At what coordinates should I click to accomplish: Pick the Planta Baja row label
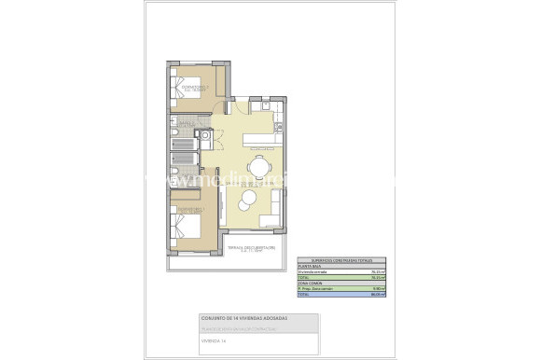point(309,266)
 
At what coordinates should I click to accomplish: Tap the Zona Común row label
point(309,283)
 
